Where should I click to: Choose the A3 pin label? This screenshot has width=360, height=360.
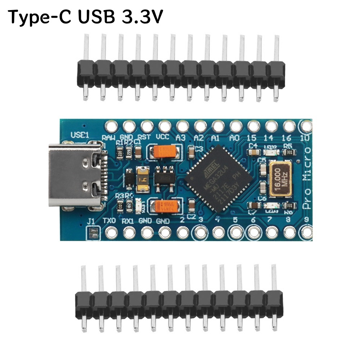click(x=181, y=138)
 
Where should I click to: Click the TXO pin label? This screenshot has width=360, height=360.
click(x=109, y=220)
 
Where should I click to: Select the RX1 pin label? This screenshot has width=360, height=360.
click(x=128, y=220)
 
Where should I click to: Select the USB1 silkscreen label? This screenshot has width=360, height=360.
click(x=80, y=135)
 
